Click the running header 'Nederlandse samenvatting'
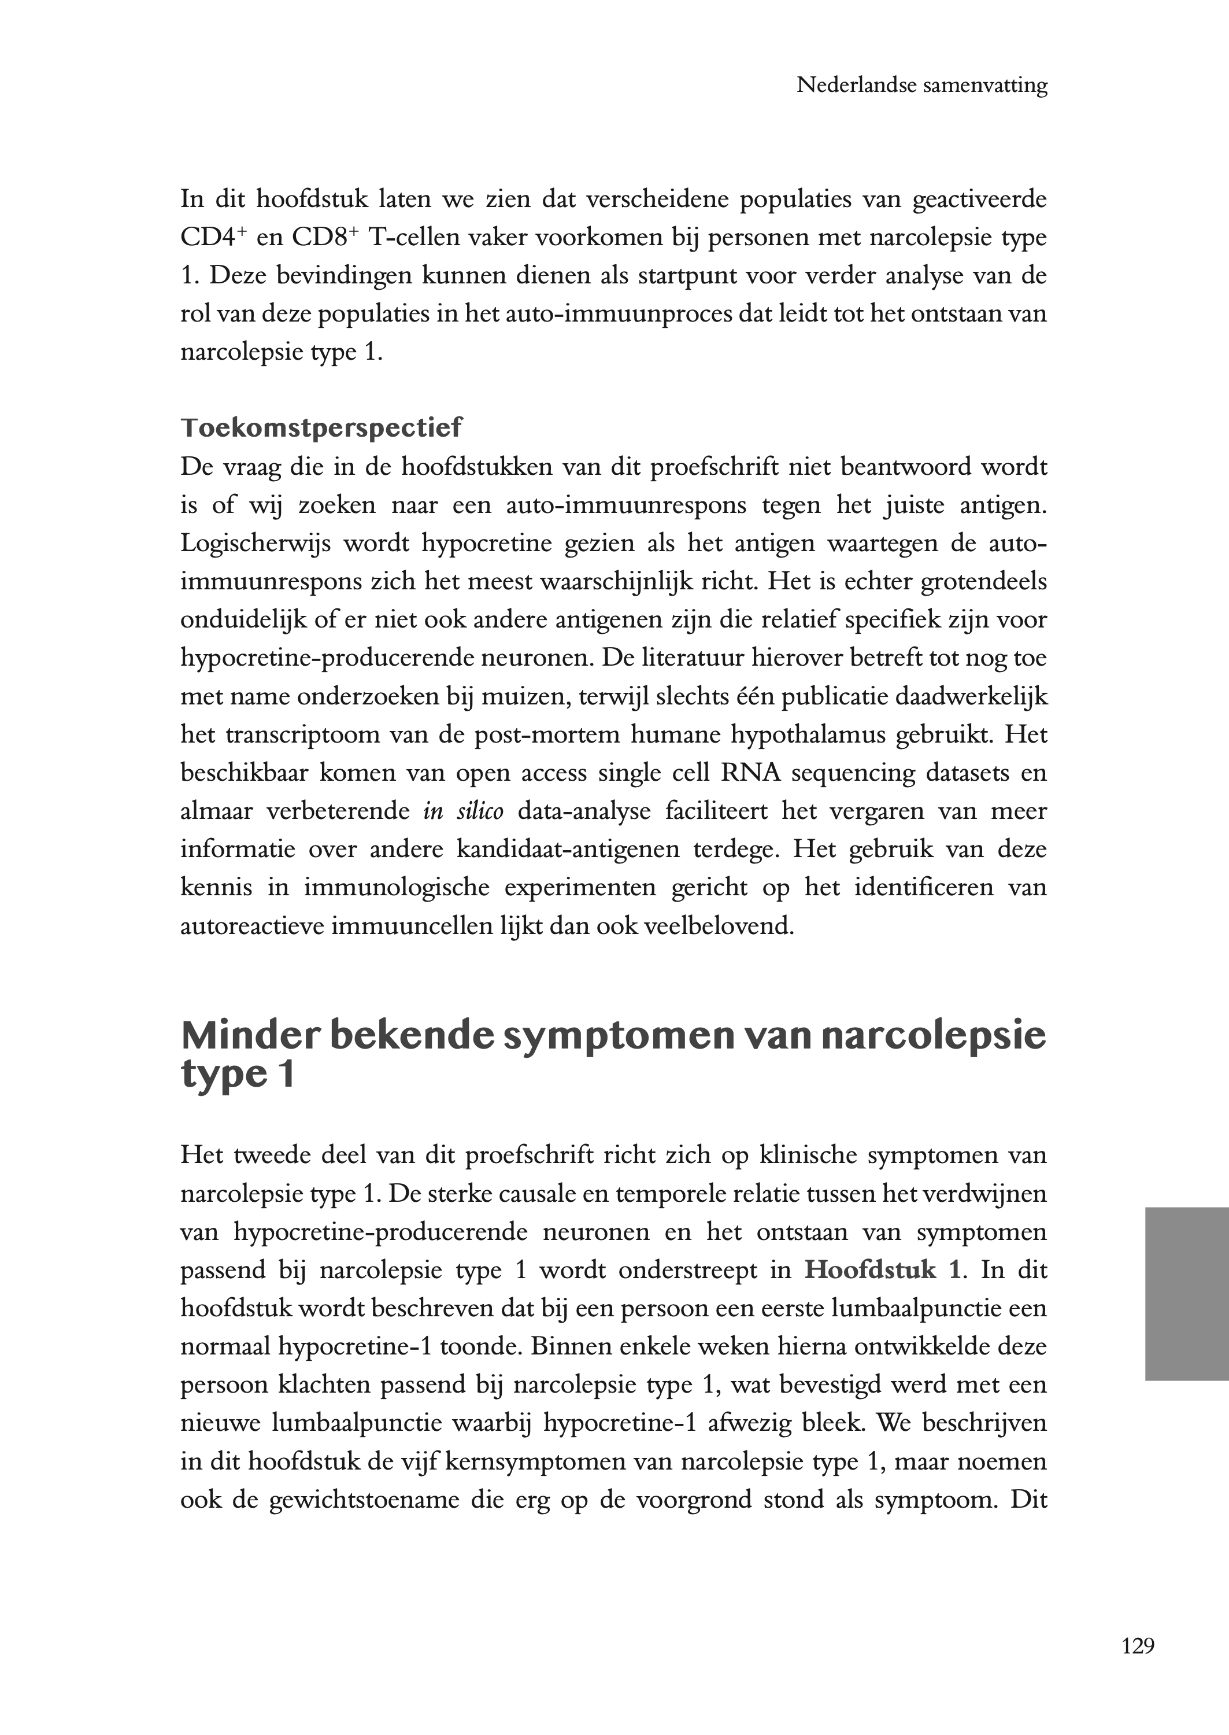(921, 86)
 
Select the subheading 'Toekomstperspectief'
(321, 428)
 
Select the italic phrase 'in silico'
(463, 811)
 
